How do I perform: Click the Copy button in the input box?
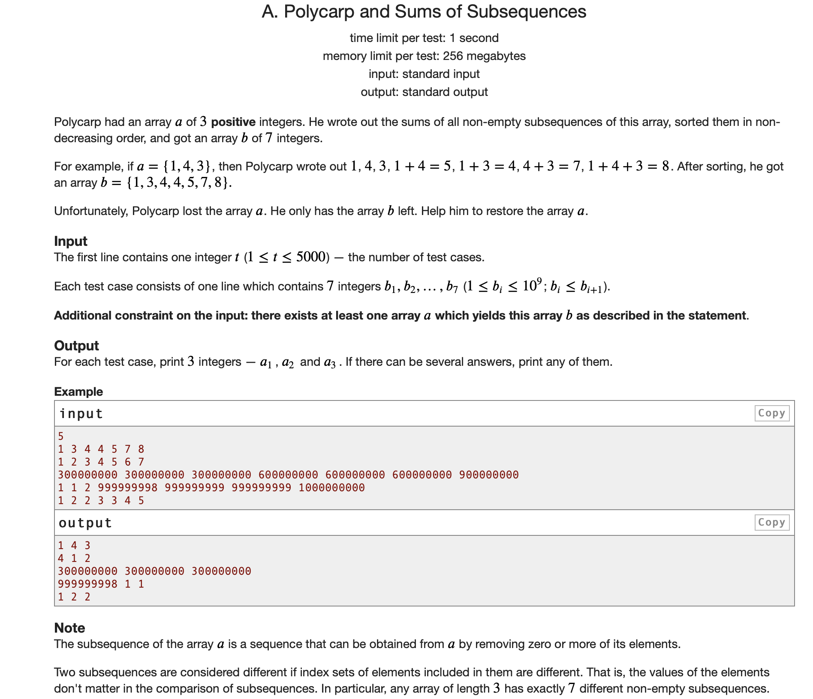771,413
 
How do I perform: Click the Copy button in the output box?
771,522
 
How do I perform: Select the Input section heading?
71,241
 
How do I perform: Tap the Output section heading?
76,346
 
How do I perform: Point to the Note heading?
69,628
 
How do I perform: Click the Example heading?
78,391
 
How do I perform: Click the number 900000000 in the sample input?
489,475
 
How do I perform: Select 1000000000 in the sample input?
331,487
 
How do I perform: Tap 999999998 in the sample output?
87,584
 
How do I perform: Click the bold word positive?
233,122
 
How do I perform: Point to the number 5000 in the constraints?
311,257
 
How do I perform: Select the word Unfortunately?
91,211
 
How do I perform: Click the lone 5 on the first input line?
61,436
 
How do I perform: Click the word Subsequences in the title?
526,12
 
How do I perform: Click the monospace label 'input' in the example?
81,413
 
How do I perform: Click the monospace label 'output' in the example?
85,523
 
